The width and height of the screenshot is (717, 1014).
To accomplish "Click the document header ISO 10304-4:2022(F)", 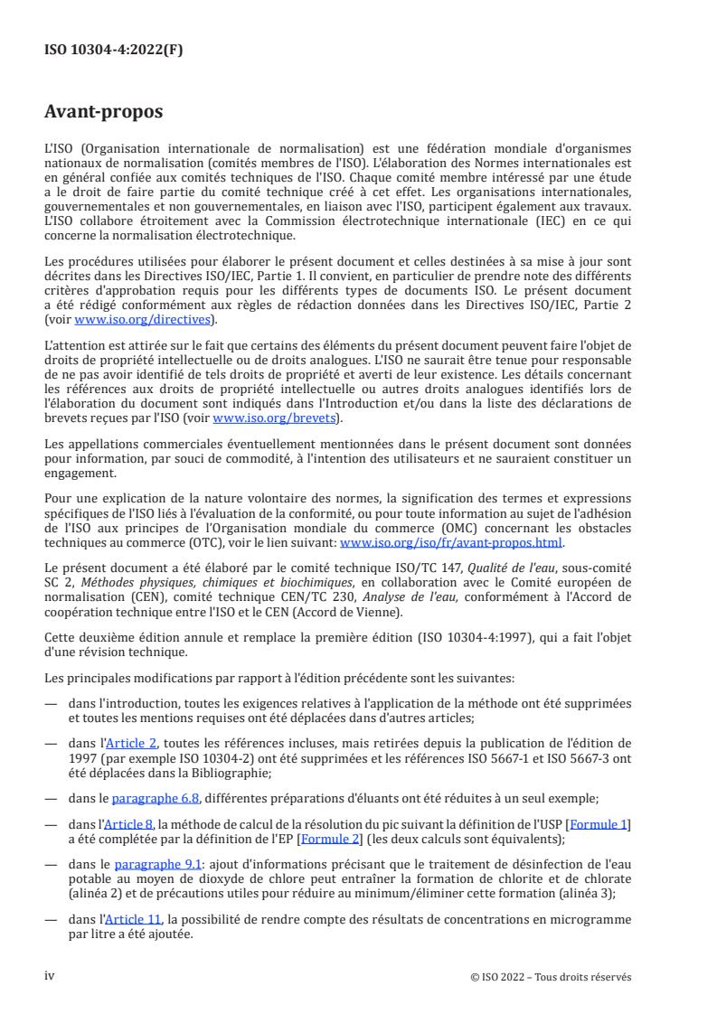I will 114,51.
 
